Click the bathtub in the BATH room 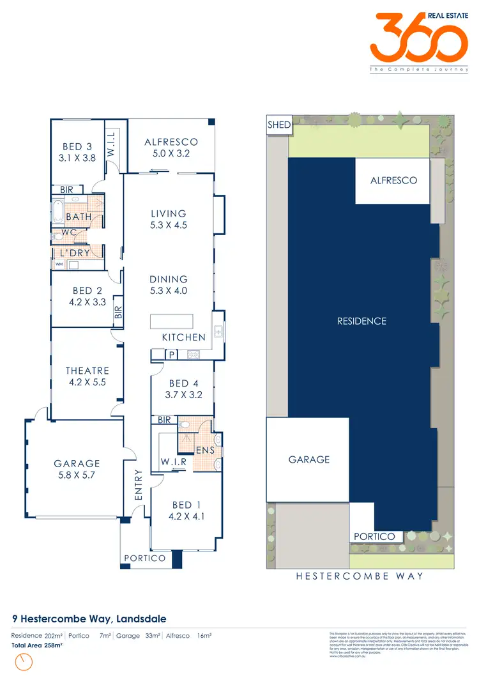click(x=57, y=211)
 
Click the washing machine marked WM click(x=59, y=264)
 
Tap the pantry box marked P click(x=172, y=354)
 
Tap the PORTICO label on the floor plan click(x=145, y=558)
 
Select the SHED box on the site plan click(x=279, y=125)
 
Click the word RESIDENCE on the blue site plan click(x=361, y=321)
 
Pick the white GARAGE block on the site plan click(x=308, y=459)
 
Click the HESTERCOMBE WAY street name click(x=360, y=576)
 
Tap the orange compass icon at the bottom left click(x=24, y=663)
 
